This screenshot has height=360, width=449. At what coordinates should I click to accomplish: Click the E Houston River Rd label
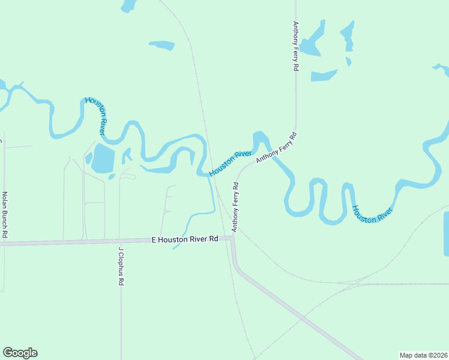185,239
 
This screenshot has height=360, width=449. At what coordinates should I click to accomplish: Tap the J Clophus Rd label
121,266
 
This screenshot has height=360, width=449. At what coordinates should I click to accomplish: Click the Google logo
20,353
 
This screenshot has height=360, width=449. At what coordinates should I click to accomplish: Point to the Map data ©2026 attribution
423,355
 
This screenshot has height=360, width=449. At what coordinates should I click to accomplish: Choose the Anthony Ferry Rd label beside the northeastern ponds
295,47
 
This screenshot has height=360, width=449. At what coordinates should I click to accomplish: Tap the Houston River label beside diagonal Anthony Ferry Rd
230,164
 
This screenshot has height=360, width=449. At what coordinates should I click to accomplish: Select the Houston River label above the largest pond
95,115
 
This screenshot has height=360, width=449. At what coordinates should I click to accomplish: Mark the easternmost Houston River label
373,214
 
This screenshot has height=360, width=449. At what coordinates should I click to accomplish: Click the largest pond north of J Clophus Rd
103,158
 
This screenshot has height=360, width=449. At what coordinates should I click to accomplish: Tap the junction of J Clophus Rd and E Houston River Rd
120,241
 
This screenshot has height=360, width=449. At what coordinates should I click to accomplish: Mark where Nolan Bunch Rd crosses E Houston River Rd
5,244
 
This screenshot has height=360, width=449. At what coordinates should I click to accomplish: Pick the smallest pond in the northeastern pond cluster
348,61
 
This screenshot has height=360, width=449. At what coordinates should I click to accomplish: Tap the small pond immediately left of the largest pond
89,158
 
